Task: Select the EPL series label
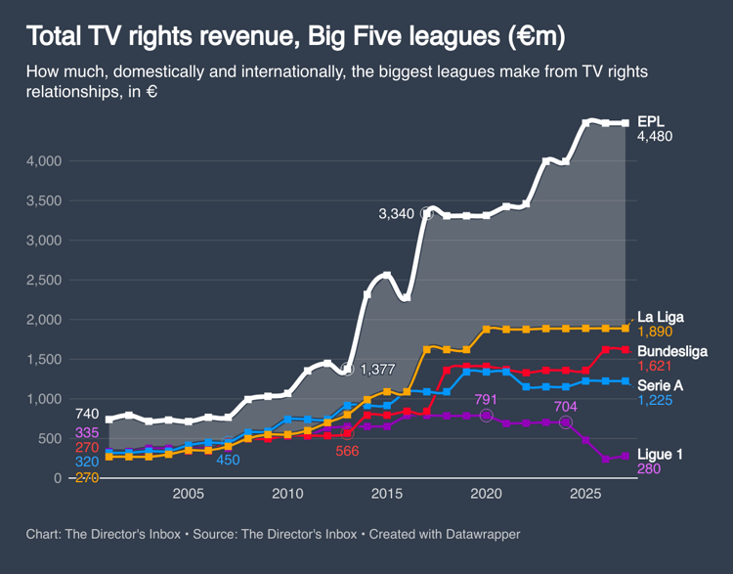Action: pyautogui.click(x=651, y=120)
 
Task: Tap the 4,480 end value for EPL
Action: pyautogui.click(x=655, y=137)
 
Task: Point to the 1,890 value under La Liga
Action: pyautogui.click(x=654, y=332)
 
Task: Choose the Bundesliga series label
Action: pyautogui.click(x=671, y=351)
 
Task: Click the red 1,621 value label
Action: pyautogui.click(x=654, y=366)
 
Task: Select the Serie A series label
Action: pyautogui.click(x=660, y=385)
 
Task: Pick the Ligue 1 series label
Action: pyautogui.click(x=660, y=454)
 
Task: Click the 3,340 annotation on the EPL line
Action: pyautogui.click(x=398, y=213)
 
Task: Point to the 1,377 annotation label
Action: pyautogui.click(x=379, y=370)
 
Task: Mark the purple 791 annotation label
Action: pyautogui.click(x=486, y=399)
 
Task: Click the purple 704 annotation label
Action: pyautogui.click(x=566, y=406)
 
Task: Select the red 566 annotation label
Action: pyautogui.click(x=347, y=451)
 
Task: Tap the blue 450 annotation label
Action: pyautogui.click(x=228, y=460)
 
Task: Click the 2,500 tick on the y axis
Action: pyautogui.click(x=45, y=280)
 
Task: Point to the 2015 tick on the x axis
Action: pyautogui.click(x=386, y=494)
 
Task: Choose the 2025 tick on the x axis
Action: pyautogui.click(x=585, y=494)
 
